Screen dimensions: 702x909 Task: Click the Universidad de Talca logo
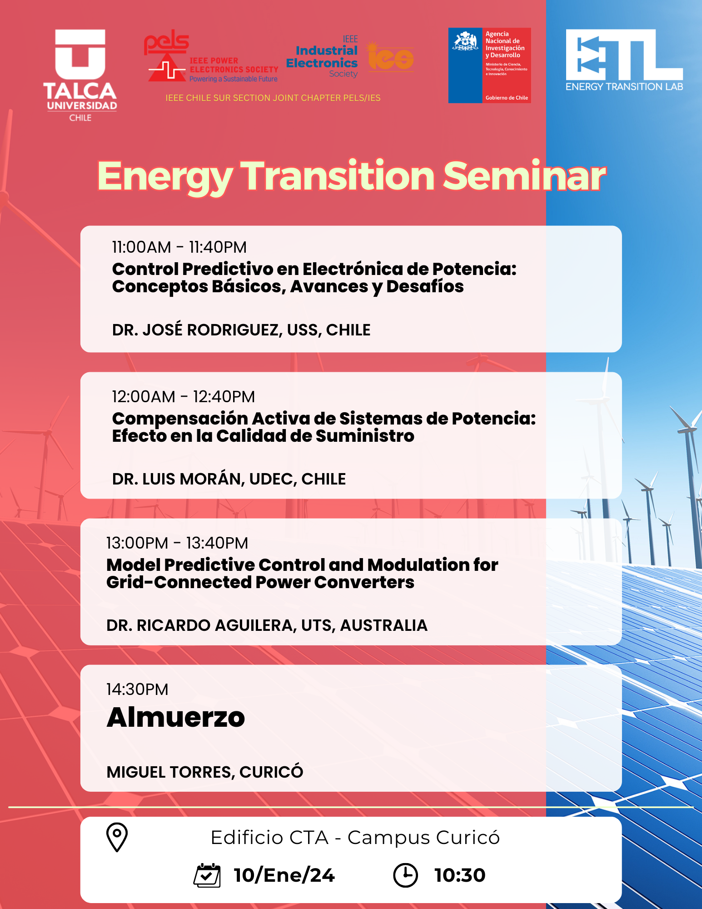pos(80,75)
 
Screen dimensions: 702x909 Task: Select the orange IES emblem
pos(390,57)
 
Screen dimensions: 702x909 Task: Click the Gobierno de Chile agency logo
pos(489,65)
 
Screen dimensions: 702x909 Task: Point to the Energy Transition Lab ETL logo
pos(624,60)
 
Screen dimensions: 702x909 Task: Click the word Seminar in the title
pos(524,176)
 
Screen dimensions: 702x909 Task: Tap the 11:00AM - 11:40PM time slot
pos(179,247)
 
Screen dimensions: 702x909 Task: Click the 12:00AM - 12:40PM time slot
pos(184,397)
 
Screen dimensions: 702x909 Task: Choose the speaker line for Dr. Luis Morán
pos(229,479)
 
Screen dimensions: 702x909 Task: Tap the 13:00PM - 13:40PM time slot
pos(177,543)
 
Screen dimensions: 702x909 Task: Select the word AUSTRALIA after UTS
pos(384,625)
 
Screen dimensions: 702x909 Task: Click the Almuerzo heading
pos(176,717)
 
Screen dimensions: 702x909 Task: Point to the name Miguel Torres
pos(170,772)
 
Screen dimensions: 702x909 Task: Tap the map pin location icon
pos(117,837)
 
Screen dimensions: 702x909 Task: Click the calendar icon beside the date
pos(207,875)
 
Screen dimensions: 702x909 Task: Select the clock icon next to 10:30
pos(405,875)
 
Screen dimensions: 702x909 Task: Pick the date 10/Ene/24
pos(284,875)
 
